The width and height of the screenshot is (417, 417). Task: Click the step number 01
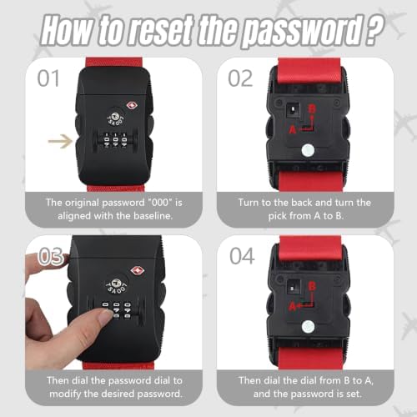pos(48,78)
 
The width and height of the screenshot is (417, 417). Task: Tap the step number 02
pos(240,78)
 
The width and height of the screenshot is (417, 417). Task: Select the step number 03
pos(50,256)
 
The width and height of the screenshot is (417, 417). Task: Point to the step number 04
pos(242,256)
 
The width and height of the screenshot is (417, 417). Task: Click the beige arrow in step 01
pos(60,141)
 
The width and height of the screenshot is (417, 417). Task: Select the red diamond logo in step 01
pos(132,106)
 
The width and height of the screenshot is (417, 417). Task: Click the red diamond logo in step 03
pos(138,270)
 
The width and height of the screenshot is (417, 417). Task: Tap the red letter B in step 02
pos(312,109)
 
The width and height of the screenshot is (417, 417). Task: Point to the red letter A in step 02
pos(293,129)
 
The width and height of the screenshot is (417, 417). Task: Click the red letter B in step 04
pos(312,286)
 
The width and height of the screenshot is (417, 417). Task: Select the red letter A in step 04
pos(293,306)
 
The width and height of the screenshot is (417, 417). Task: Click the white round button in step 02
pos(308,151)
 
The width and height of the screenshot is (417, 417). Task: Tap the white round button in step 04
pos(308,327)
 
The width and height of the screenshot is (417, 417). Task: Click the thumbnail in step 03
pos(105,315)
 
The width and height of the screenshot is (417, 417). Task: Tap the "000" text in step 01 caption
pos(158,203)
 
